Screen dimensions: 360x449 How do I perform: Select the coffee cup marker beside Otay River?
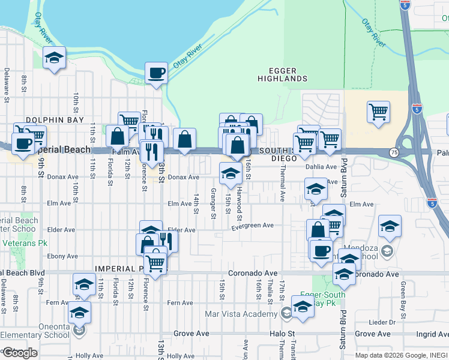click(156, 73)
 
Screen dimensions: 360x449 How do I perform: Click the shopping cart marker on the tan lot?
click(378, 112)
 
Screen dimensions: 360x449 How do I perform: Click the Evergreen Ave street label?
click(253, 226)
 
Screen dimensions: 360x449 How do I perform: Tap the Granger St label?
click(214, 200)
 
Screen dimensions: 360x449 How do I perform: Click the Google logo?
click(19, 352)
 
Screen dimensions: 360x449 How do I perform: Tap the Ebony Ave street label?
click(62, 256)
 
